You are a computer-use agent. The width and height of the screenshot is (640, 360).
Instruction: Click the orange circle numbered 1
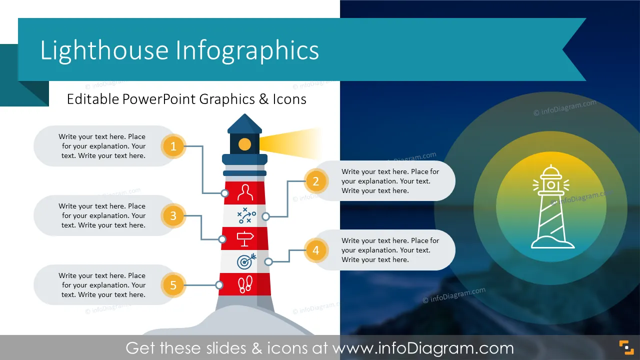[x=173, y=146]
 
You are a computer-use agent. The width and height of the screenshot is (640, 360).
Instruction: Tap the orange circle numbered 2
[x=315, y=181]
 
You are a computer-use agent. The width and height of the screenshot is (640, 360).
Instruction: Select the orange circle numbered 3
[x=173, y=215]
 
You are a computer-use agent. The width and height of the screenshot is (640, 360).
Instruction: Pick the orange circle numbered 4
[x=315, y=250]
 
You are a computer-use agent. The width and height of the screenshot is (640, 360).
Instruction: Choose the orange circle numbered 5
[x=173, y=285]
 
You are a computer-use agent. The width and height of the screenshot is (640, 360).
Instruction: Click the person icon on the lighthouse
[x=245, y=192]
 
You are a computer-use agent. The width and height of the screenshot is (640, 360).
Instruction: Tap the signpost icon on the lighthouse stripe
[x=245, y=239]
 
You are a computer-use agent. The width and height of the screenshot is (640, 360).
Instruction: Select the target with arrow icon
[x=246, y=261]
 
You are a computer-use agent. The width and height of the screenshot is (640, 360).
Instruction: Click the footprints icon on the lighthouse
[x=245, y=284]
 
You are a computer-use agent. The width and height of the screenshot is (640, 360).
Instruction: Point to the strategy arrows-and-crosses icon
[x=246, y=215]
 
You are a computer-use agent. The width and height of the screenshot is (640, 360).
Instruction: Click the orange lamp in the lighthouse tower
[x=244, y=144]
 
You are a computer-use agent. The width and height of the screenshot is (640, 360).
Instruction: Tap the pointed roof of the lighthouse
[x=244, y=123]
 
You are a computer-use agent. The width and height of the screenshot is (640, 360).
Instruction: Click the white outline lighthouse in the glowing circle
[x=552, y=206]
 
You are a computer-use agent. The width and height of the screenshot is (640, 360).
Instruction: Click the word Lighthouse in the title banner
[x=104, y=50]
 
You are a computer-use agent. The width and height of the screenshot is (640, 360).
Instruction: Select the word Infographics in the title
[x=247, y=50]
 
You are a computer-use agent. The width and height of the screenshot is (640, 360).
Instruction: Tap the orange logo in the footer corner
[x=626, y=347]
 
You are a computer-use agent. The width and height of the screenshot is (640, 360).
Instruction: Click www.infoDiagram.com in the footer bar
[x=423, y=348]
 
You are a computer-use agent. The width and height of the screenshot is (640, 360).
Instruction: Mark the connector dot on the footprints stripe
[x=219, y=285]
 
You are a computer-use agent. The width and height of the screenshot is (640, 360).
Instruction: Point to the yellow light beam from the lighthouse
[x=290, y=143]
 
